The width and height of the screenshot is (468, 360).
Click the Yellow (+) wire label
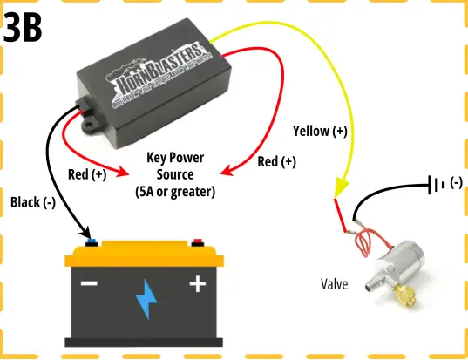coord(320,132)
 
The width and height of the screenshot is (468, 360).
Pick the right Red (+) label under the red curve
coord(277,162)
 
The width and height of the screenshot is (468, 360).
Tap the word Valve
coord(336,283)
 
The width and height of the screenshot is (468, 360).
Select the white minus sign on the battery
coord(90,284)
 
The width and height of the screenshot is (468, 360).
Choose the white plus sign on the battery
coord(198,283)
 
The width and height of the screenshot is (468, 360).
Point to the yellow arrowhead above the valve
coord(340,189)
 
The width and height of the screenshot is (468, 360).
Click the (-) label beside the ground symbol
coord(455,185)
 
